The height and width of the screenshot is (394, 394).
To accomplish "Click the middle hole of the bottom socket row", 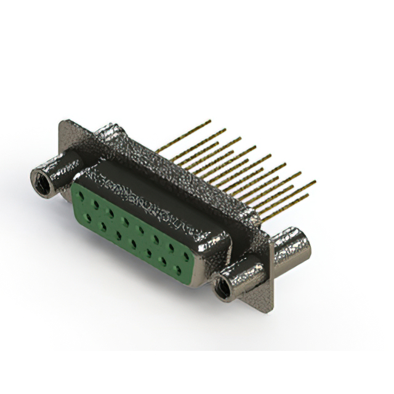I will tap(133, 242).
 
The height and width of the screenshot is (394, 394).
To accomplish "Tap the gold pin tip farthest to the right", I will tap(315, 182).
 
